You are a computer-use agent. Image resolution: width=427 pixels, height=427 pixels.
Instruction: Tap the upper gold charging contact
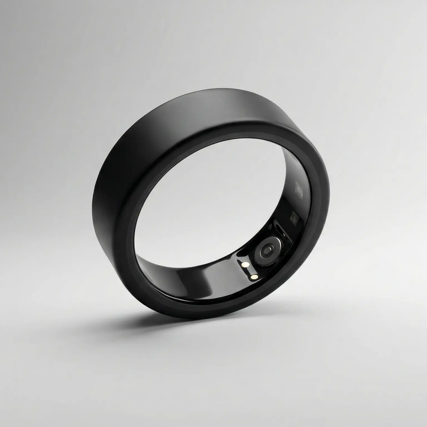pos(245,264)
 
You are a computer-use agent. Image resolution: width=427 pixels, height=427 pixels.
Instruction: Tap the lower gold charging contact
pos(253,277)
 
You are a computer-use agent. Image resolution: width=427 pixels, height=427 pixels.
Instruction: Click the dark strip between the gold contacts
pos(249,271)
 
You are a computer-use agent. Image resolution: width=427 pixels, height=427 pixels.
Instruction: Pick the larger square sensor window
pos(300,189)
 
